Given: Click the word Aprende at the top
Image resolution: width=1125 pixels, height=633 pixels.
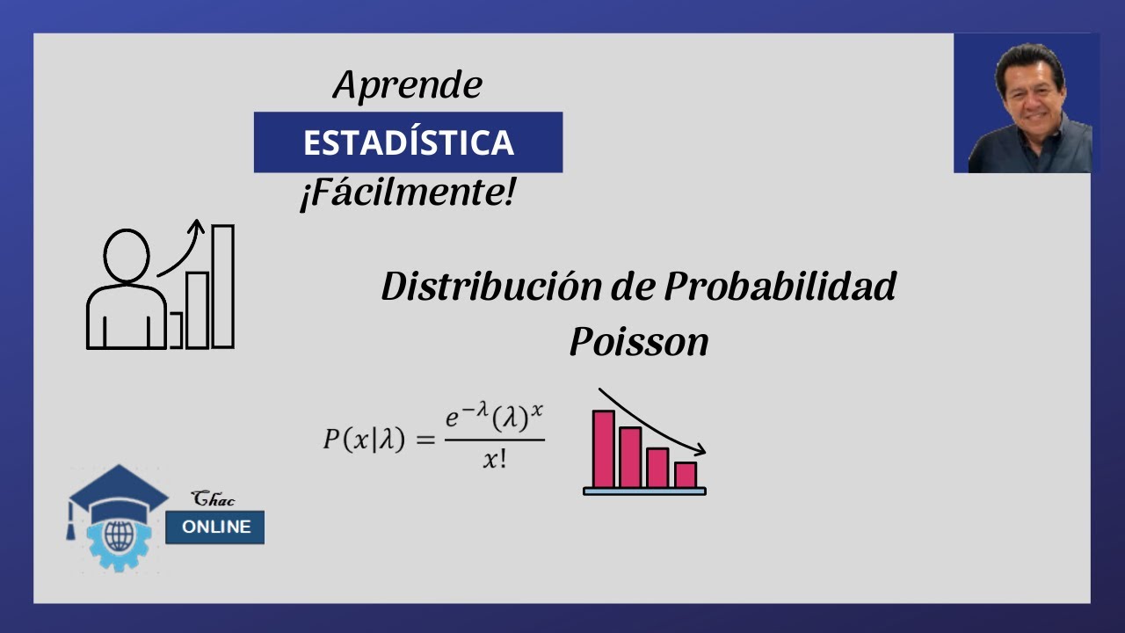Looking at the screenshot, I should [408, 85].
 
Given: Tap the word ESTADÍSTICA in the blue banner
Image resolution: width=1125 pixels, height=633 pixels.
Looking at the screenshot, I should [408, 142].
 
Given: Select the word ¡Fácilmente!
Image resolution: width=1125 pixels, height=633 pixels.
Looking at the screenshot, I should [406, 193].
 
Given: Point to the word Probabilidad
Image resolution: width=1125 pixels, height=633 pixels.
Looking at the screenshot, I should [780, 287].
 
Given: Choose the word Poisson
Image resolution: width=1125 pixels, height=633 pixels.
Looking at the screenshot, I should [638, 341].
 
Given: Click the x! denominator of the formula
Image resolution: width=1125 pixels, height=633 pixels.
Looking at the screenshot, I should [494, 459].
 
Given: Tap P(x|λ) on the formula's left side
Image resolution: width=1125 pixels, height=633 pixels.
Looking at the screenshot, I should [364, 438].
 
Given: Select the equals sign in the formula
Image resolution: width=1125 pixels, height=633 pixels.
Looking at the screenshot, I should [425, 439].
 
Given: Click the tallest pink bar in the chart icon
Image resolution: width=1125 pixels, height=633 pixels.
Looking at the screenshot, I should [603, 448].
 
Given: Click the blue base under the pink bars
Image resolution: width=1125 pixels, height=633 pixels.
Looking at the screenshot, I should [644, 491].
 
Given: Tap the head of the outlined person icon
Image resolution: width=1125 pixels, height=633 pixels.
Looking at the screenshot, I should [127, 255].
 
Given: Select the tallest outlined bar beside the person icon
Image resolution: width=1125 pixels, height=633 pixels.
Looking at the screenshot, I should [222, 286].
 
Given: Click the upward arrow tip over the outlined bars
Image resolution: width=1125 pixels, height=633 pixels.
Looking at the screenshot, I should [197, 225].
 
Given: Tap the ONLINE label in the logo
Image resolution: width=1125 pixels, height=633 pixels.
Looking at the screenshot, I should [215, 527].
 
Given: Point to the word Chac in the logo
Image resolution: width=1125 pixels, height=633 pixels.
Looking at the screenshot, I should [214, 499].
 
